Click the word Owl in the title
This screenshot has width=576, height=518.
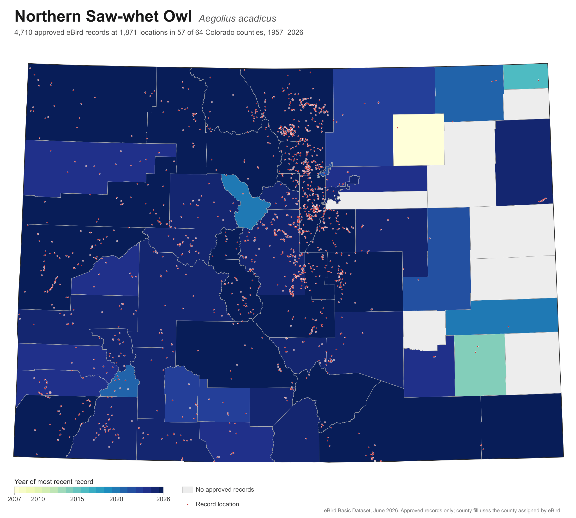pos(177,16)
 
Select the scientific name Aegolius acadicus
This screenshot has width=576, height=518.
pos(237,18)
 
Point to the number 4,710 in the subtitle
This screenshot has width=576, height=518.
pos(23,32)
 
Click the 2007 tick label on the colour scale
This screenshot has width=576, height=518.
pos(14,499)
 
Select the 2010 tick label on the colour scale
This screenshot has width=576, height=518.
pos(38,499)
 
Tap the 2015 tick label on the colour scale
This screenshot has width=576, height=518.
pos(77,499)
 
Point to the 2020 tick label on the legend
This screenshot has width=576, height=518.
pos(116,499)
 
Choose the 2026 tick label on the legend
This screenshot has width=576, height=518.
pos(163,499)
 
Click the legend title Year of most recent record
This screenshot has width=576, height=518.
pos(54,482)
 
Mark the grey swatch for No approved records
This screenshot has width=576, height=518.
pos(188,489)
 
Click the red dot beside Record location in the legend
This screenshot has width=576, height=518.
pos(188,504)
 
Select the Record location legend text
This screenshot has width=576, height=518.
pos(217,504)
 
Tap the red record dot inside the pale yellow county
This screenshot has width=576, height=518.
pos(397,128)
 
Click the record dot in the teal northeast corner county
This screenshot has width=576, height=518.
pos(538,80)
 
